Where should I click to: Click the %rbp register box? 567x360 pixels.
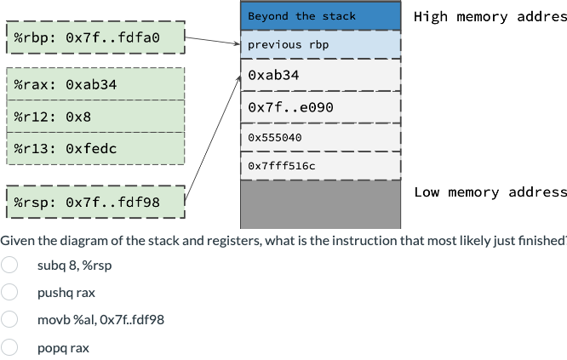pyautogui.click(x=95, y=37)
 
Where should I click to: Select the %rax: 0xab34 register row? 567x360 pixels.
pyautogui.click(x=95, y=84)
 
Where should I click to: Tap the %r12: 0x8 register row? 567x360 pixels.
pyautogui.click(x=95, y=116)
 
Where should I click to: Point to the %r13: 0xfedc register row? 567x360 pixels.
pyautogui.click(x=95, y=148)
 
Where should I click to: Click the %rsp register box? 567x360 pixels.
pyautogui.click(x=95, y=202)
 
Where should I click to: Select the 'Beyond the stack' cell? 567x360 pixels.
pyautogui.click(x=320, y=16)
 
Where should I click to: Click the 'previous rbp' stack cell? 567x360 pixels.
pyautogui.click(x=320, y=44)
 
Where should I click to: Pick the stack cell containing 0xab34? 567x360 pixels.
pyautogui.click(x=320, y=76)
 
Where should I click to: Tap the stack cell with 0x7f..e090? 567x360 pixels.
pyautogui.click(x=320, y=108)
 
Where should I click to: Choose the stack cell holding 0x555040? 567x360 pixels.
pyautogui.click(x=320, y=137)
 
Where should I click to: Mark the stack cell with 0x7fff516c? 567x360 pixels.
pyautogui.click(x=320, y=165)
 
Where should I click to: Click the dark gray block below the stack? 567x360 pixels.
pyautogui.click(x=320, y=204)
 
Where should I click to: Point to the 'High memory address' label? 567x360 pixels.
pyautogui.click(x=490, y=17)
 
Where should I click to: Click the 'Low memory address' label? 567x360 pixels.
pyautogui.click(x=490, y=192)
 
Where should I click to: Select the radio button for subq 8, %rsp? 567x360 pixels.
pyautogui.click(x=9, y=265)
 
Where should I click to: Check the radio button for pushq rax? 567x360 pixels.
pyautogui.click(x=9, y=293)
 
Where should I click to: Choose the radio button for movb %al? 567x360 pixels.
pyautogui.click(x=9, y=320)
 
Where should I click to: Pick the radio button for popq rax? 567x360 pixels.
pyautogui.click(x=9, y=347)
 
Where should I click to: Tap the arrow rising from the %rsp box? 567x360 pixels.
pyautogui.click(x=213, y=136)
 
